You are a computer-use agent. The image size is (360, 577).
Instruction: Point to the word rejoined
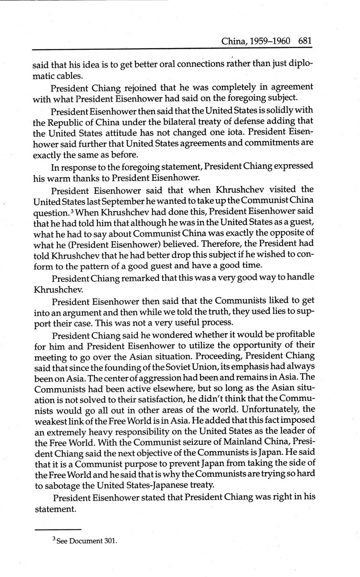point(140,88)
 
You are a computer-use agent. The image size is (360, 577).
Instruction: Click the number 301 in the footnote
point(110,541)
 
